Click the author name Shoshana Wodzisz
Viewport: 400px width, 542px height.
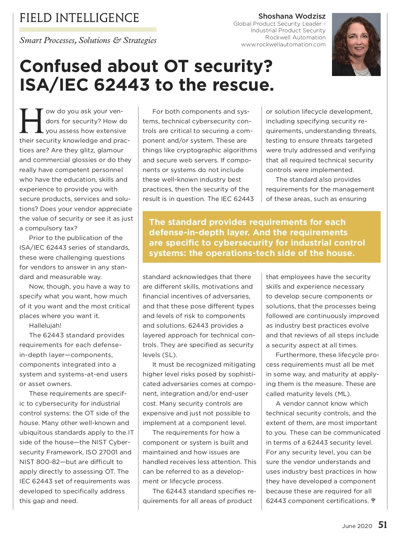(x=292, y=16)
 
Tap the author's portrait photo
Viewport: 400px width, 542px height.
(x=356, y=44)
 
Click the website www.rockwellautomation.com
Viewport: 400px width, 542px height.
(x=283, y=44)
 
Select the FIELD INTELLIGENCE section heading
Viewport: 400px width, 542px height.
(x=79, y=18)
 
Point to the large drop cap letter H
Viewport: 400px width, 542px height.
(x=31, y=120)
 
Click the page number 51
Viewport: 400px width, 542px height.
(x=383, y=525)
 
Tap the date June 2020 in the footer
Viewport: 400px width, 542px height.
(x=357, y=526)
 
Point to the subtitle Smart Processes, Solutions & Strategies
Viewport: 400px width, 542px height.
(x=88, y=40)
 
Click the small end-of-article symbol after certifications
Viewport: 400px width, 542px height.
(x=373, y=501)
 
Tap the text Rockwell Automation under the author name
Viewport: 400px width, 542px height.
(x=295, y=37)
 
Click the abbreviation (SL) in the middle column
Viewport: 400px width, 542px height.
(x=169, y=355)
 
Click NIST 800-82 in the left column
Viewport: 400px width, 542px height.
(x=38, y=462)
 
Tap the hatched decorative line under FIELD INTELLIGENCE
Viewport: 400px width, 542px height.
(x=88, y=29)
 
